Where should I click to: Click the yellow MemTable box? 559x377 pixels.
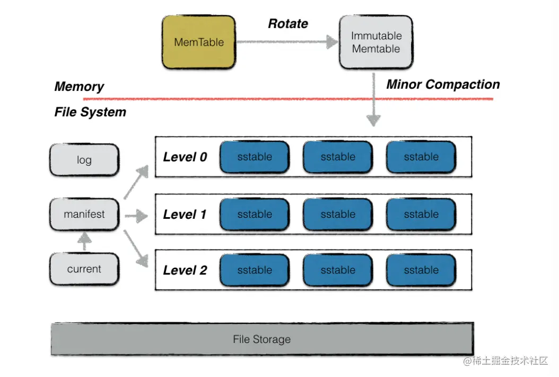pyautogui.click(x=199, y=42)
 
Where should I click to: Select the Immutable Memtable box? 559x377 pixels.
pyautogui.click(x=376, y=42)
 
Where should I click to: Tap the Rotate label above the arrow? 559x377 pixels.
pyautogui.click(x=288, y=23)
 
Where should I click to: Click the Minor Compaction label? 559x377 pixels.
pyautogui.click(x=443, y=84)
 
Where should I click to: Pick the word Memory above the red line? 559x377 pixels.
pyautogui.click(x=79, y=87)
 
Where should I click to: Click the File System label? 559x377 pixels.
pyautogui.click(x=90, y=112)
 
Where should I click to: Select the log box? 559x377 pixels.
pyautogui.click(x=84, y=160)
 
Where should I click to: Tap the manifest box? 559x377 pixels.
pyautogui.click(x=84, y=215)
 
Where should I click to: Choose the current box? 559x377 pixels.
pyautogui.click(x=84, y=269)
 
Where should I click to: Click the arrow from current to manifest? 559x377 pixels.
pyautogui.click(x=84, y=242)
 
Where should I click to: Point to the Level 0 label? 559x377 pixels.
pyautogui.click(x=185, y=157)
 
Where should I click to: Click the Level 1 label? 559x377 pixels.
pyautogui.click(x=185, y=215)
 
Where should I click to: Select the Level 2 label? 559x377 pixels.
pyautogui.click(x=185, y=270)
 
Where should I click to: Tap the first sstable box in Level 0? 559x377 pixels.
pyautogui.click(x=255, y=157)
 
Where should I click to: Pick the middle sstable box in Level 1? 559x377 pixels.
pyautogui.click(x=338, y=215)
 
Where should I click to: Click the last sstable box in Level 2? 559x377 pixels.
pyautogui.click(x=421, y=270)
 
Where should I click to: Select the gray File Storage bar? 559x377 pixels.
pyautogui.click(x=262, y=339)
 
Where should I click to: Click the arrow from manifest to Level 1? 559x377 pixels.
pyautogui.click(x=136, y=216)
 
